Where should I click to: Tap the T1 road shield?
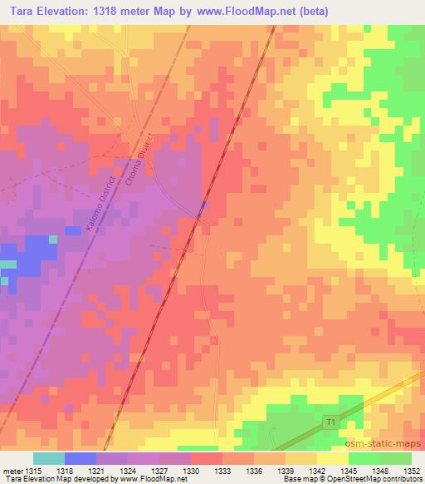tap(332, 424)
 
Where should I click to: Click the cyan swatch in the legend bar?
tap(49, 458)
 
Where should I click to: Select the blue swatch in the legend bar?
tap(81, 458)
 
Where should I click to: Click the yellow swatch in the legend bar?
tap(333, 458)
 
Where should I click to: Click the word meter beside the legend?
tap(14, 470)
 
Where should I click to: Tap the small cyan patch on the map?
tap(7, 264)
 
